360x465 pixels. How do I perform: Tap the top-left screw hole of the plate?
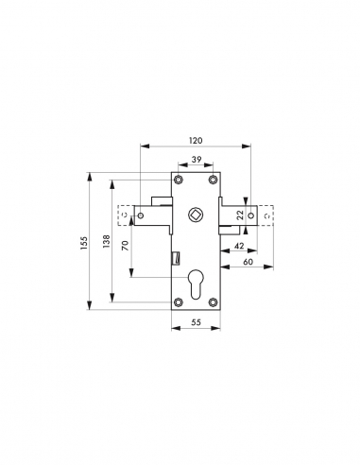click(179, 179)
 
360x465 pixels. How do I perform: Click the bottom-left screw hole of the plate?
click(179, 302)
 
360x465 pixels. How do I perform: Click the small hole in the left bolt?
click(143, 216)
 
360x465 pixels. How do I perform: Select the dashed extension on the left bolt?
click(124, 216)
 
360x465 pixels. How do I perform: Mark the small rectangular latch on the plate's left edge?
click(176, 257)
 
